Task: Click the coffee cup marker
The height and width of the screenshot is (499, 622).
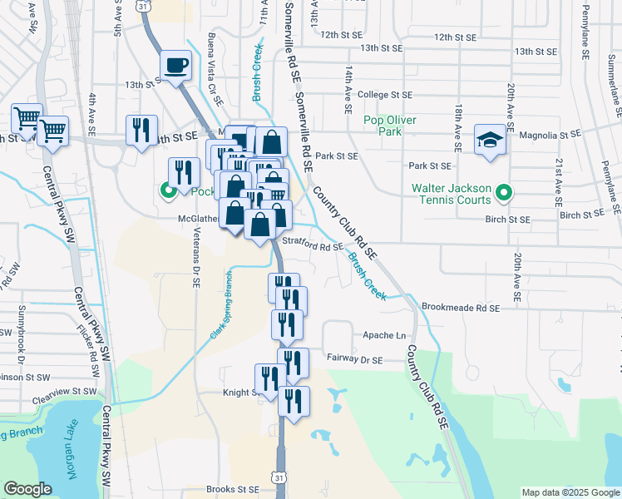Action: [x=175, y=66]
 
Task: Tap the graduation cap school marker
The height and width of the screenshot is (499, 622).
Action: [x=490, y=141]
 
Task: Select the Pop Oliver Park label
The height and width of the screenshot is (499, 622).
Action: [x=388, y=126]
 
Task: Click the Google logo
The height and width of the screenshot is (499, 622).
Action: [x=27, y=489]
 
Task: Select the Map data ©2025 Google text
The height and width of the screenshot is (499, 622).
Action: [x=570, y=492]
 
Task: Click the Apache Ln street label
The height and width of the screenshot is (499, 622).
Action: [x=384, y=336]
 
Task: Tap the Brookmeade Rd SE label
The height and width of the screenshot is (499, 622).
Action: [x=460, y=308]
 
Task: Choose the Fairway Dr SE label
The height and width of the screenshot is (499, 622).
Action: [x=353, y=360]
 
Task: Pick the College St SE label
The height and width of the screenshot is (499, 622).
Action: [x=385, y=96]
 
